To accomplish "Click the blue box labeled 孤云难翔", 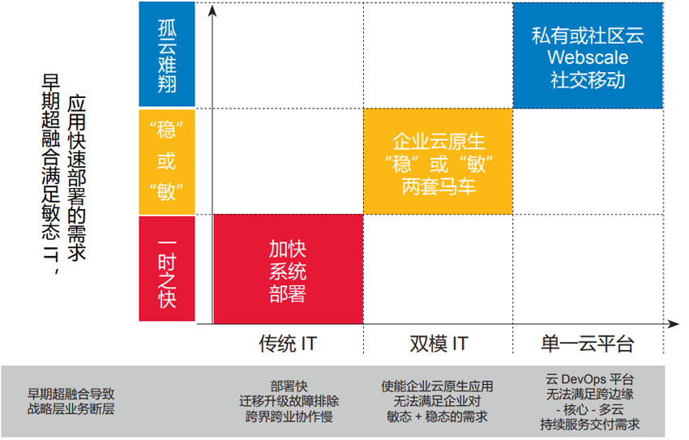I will (x=167, y=54).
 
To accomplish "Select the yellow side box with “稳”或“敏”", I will (x=167, y=161).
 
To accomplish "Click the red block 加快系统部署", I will (x=287, y=269).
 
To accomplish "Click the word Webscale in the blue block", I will (x=588, y=58).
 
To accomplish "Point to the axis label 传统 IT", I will (x=287, y=344).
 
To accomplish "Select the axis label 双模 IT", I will (x=439, y=344).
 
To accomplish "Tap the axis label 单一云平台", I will (x=588, y=344).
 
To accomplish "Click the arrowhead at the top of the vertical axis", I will (x=212, y=11).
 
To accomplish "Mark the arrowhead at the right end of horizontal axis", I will (x=674, y=324).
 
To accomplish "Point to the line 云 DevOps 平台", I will (x=590, y=379).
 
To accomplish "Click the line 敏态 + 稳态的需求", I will (x=438, y=417).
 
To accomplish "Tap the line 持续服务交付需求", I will (x=590, y=424).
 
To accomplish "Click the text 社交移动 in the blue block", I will (x=588, y=80).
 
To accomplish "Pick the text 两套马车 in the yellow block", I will (x=438, y=187).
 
